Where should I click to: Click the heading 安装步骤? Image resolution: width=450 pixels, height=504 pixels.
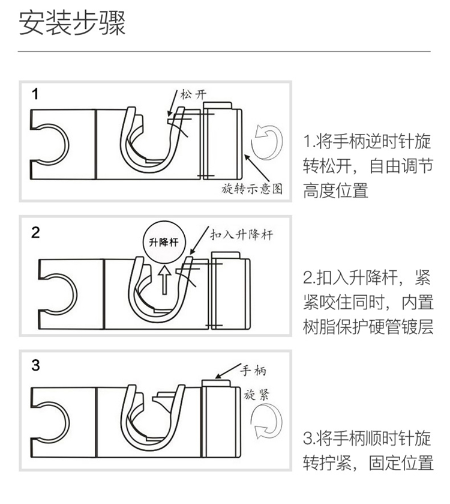pos(72,23)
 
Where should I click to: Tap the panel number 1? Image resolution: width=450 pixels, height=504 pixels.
pos(35,94)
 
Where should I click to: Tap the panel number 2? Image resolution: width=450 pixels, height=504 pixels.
pos(35,232)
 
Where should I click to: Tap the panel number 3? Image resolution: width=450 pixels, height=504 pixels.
pos(35,365)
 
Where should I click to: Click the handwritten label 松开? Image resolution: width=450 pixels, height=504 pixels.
pos(193,95)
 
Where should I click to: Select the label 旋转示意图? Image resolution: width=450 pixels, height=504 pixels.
pos(252,189)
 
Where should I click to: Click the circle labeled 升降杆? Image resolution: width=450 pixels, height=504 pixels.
pos(164,242)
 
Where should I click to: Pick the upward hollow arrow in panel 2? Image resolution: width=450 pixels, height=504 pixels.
pos(164,280)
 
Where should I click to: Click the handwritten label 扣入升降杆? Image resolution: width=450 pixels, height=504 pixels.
pos(242,235)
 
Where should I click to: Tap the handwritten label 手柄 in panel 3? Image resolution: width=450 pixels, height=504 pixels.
pos(253,371)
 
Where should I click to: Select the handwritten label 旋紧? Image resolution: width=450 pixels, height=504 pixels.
pos(256,395)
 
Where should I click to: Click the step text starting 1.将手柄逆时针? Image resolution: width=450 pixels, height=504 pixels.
pos(368,166)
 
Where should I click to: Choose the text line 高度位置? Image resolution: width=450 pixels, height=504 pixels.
pos(336,190)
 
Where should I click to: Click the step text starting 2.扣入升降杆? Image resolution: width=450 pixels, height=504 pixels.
pos(368,302)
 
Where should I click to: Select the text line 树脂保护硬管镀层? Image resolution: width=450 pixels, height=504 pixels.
pos(368,327)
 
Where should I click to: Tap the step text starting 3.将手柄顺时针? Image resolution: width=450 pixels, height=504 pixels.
pos(368,451)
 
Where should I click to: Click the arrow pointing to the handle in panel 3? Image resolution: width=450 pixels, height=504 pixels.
pos(228,371)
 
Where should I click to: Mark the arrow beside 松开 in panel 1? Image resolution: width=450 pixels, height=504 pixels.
pos(173,103)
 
